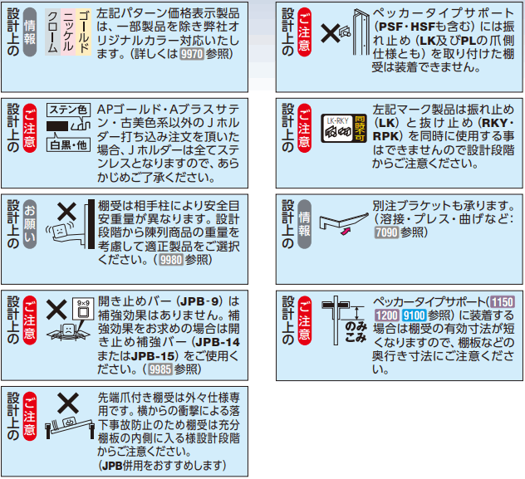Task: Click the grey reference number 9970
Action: [x=192, y=54]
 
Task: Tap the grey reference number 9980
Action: [x=171, y=260]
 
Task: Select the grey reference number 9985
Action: [x=160, y=369]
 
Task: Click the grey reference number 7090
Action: [x=387, y=232]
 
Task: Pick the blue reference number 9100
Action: [x=414, y=315]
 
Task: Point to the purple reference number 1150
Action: [x=503, y=301]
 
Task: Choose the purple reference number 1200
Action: [x=387, y=315]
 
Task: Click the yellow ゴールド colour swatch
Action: [x=84, y=32]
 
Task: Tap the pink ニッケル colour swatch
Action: [x=68, y=32]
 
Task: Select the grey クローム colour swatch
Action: [x=53, y=32]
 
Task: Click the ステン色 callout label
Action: [x=69, y=110]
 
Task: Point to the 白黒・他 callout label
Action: [x=69, y=145]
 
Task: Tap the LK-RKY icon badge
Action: [x=343, y=128]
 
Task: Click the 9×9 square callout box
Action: [x=83, y=309]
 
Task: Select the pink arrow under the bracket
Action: [x=346, y=231]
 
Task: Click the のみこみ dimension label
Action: [x=356, y=331]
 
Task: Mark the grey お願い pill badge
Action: [x=29, y=224]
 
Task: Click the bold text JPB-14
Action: [x=218, y=342]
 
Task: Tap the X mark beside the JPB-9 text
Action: [x=56, y=310]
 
